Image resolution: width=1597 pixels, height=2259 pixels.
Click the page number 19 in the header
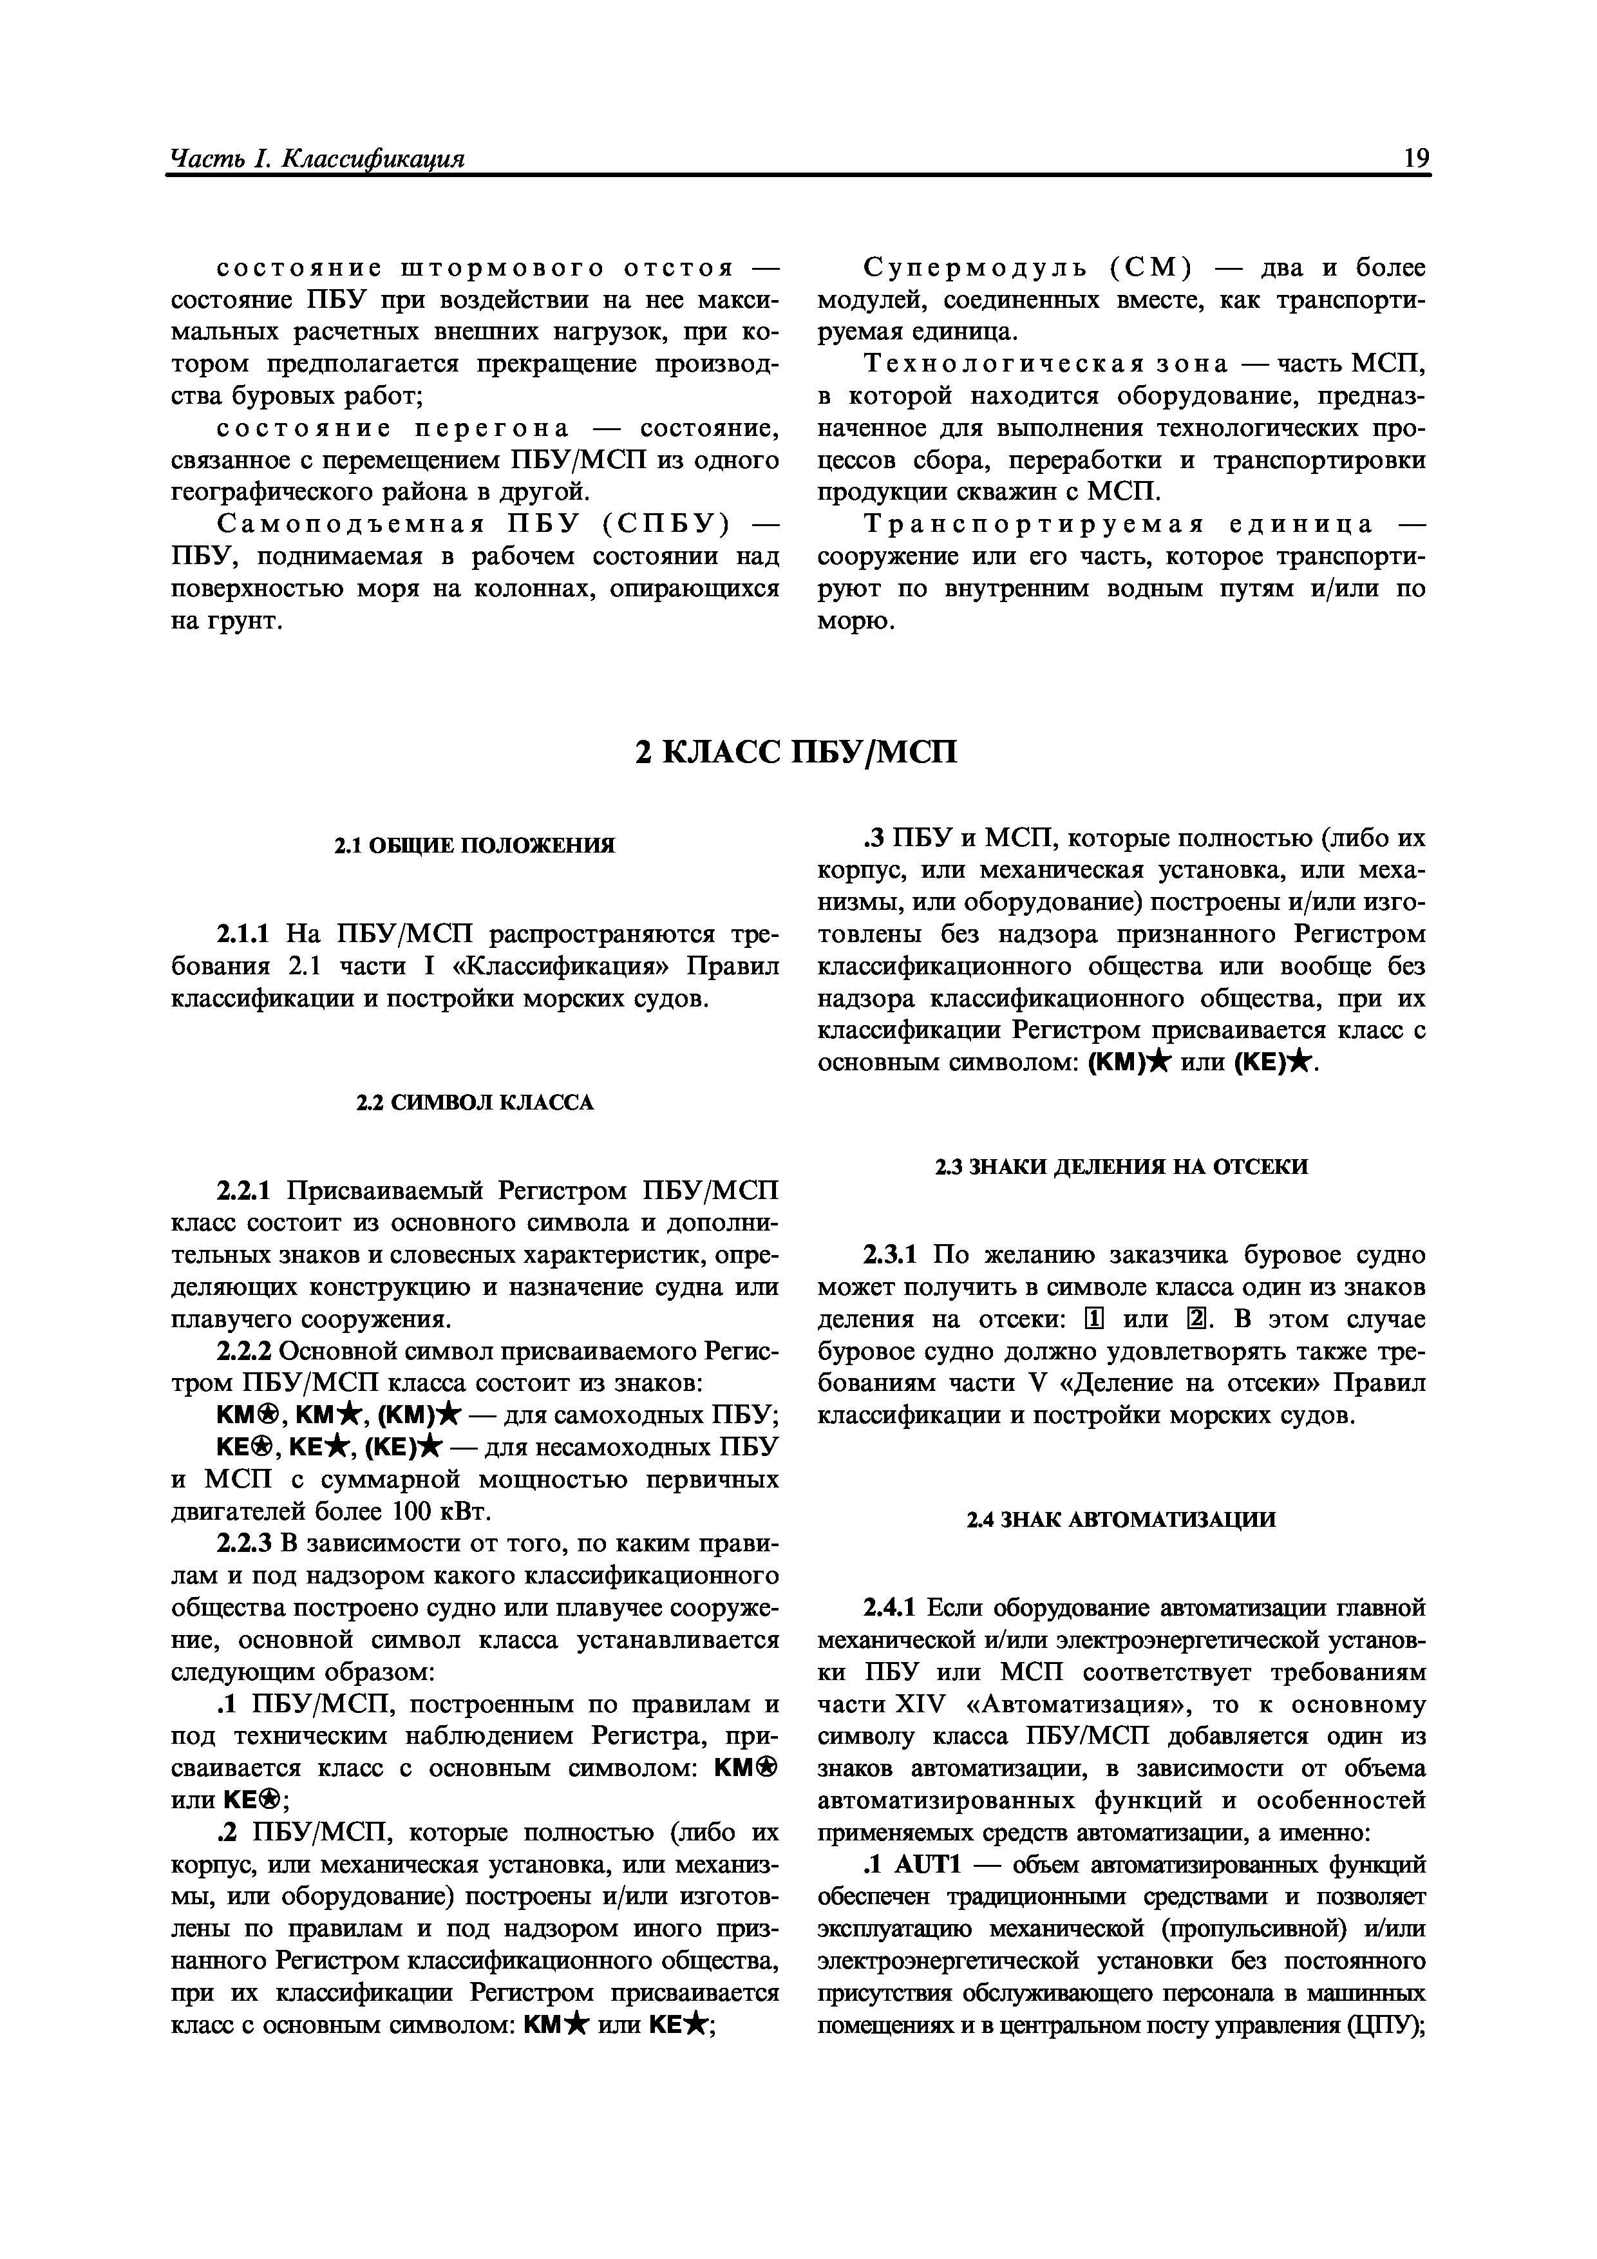pyautogui.click(x=1416, y=158)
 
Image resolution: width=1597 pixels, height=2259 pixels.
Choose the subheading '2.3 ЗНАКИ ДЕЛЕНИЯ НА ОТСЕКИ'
pyautogui.click(x=1122, y=1167)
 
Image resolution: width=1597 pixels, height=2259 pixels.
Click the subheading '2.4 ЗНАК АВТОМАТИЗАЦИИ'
pyautogui.click(x=1122, y=1520)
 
